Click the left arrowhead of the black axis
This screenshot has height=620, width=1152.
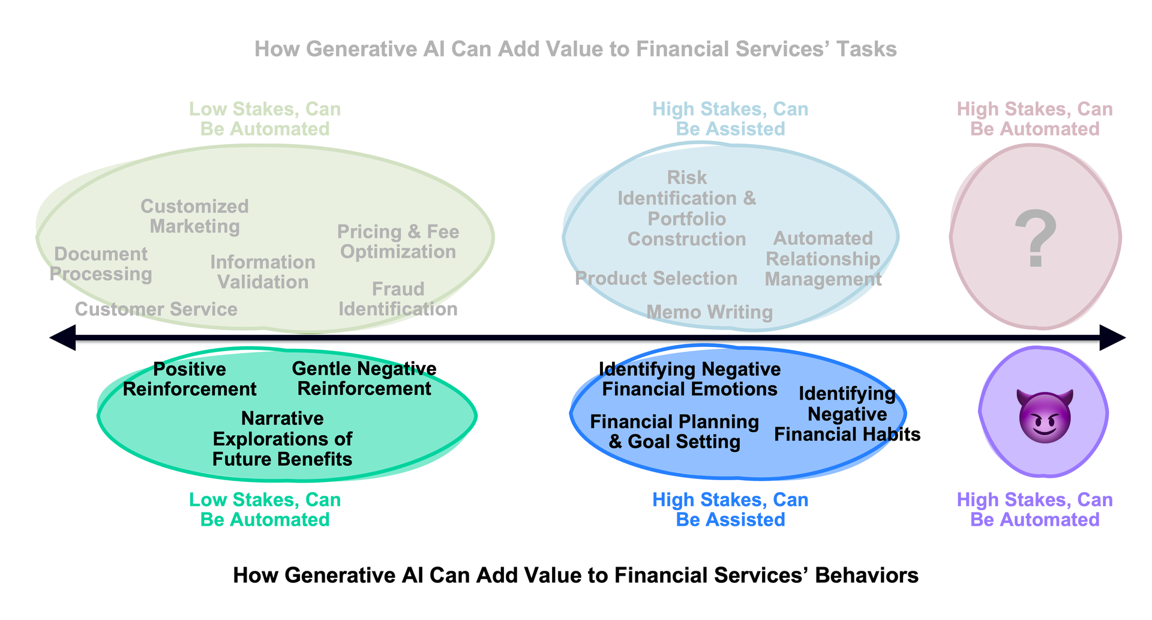62,338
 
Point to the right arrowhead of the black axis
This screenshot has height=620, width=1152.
1112,338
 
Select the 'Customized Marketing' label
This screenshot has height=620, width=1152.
194,216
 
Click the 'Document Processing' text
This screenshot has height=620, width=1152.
101,264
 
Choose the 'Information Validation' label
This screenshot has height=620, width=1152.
263,272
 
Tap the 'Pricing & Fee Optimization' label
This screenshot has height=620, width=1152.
398,241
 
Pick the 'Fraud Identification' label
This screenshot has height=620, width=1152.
398,299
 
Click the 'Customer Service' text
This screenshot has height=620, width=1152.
156,309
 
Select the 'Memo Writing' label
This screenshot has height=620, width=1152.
709,312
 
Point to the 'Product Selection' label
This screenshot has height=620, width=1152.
656,278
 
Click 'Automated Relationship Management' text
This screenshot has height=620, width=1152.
823,259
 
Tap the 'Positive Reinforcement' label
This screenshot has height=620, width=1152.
190,379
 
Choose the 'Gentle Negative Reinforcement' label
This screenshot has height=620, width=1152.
364,378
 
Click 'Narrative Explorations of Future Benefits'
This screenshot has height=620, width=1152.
283,439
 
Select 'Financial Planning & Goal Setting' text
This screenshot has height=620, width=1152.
674,432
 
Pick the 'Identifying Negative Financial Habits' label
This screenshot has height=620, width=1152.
847,414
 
